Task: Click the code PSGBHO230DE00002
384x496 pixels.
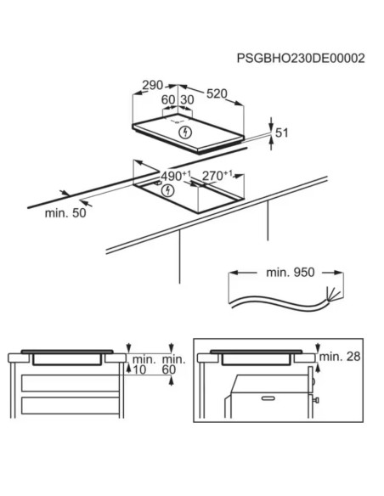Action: pyautogui.click(x=301, y=59)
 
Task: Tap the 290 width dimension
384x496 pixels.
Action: pyautogui.click(x=152, y=86)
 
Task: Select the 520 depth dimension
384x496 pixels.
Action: pyautogui.click(x=217, y=93)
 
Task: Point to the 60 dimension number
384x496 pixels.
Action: pyautogui.click(x=168, y=99)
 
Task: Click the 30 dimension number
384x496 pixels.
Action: pyautogui.click(x=187, y=99)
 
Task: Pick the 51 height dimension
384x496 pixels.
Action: pyautogui.click(x=282, y=132)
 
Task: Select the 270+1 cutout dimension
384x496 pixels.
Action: pyautogui.click(x=217, y=176)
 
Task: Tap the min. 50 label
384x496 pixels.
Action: pyautogui.click(x=65, y=213)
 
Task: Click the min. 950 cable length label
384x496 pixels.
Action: pyautogui.click(x=291, y=272)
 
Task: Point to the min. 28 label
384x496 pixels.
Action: pyautogui.click(x=340, y=357)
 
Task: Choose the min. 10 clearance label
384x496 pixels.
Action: pyautogui.click(x=144, y=364)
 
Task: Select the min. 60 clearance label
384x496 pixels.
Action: pyautogui.click(x=173, y=364)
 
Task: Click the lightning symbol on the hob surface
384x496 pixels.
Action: pyautogui.click(x=186, y=132)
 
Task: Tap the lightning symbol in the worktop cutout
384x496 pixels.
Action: pyautogui.click(x=167, y=190)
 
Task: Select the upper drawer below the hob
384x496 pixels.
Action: pyautogui.click(x=71, y=383)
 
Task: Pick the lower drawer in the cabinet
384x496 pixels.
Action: pyautogui.click(x=71, y=405)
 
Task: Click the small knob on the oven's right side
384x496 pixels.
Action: pyautogui.click(x=316, y=400)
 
